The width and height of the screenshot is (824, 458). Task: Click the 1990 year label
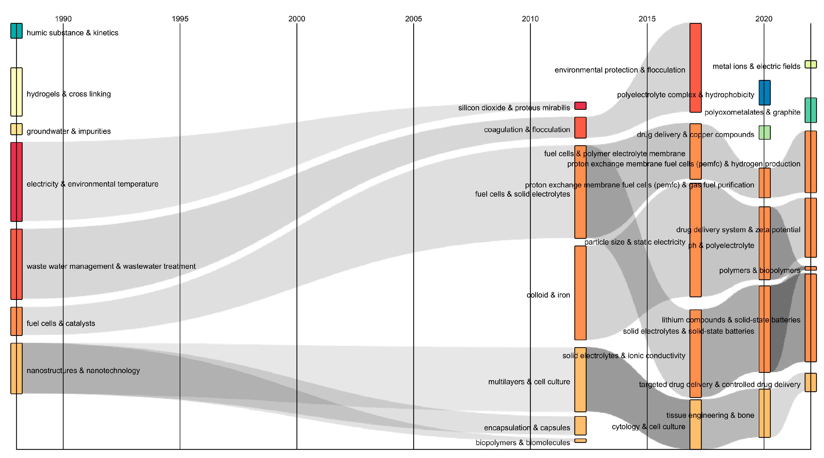click(x=63, y=19)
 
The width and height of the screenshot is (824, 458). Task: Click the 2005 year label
click(x=413, y=19)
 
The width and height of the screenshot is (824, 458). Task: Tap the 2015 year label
click(x=647, y=19)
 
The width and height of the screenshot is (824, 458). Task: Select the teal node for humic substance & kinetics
click(x=16, y=31)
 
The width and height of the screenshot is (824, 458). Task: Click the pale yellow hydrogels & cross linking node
click(x=16, y=92)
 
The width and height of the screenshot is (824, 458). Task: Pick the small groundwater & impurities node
click(x=16, y=129)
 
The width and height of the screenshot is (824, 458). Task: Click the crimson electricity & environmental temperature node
click(x=16, y=182)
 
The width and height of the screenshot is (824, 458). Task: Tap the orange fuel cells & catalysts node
click(x=16, y=321)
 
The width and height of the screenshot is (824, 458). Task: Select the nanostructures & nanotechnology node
click(x=16, y=368)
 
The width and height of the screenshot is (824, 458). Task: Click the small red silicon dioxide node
click(x=580, y=106)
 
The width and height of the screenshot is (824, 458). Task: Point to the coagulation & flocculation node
click(x=580, y=127)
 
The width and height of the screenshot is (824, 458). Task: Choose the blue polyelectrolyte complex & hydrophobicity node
click(x=765, y=93)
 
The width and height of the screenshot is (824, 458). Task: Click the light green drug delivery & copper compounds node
click(x=765, y=132)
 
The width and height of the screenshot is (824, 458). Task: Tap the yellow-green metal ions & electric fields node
click(x=811, y=64)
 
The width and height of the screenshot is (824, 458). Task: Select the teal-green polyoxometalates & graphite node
click(x=811, y=110)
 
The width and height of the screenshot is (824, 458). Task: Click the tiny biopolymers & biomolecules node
click(x=580, y=441)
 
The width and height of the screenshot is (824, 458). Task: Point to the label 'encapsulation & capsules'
click(x=527, y=428)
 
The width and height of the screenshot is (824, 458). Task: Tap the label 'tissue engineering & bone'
click(x=710, y=415)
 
